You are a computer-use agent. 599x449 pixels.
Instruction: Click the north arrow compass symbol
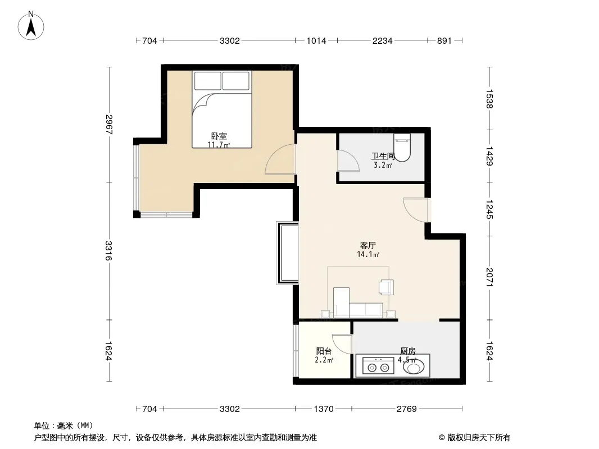pos(31,26)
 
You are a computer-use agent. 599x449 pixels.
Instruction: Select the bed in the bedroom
pos(221,109)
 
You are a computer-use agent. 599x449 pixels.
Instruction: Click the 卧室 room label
pos(219,136)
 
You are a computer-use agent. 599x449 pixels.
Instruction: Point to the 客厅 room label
pos(367,245)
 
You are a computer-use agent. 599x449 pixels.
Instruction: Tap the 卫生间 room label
pos(383,156)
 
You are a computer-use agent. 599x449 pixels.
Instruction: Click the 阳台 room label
pos(324,351)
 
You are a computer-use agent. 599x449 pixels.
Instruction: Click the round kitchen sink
pos(414,368)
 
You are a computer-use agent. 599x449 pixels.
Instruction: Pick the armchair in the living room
pos(386,287)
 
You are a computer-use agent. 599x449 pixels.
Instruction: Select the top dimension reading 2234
pos(383,40)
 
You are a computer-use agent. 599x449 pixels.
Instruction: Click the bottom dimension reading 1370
pos(324,409)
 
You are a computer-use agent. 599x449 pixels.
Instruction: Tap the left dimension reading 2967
pos(108,125)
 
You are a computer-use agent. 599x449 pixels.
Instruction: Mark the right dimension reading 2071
pos(490,277)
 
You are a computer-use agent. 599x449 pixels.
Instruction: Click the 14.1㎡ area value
pos(368,254)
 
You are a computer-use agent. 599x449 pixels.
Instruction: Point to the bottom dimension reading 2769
pos(406,409)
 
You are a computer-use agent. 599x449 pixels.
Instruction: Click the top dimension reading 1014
pos(316,40)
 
